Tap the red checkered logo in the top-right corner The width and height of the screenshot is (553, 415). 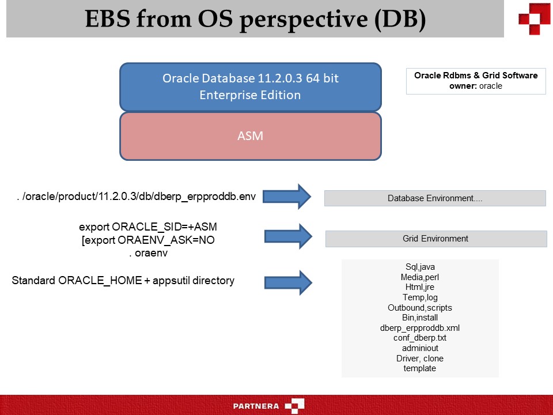point(534,18)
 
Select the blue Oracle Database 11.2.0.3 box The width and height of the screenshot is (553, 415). point(250,86)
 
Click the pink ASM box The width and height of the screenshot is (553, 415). point(250,136)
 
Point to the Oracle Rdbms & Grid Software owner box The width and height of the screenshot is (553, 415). point(475,81)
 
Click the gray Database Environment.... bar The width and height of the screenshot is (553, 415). point(435,198)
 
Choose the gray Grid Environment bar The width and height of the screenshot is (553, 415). point(435,239)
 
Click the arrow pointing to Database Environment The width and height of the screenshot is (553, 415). point(288,197)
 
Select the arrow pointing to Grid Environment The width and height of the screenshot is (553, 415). point(288,237)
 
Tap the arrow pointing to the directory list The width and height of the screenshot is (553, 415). point(288,282)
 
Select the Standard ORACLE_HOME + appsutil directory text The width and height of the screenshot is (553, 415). point(123,281)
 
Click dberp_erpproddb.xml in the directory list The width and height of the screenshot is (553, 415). point(420,328)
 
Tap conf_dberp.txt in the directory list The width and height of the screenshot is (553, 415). point(420,338)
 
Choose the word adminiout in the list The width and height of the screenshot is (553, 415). point(420,348)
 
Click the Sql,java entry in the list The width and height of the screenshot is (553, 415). point(420,267)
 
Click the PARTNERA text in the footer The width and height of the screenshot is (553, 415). point(256,406)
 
